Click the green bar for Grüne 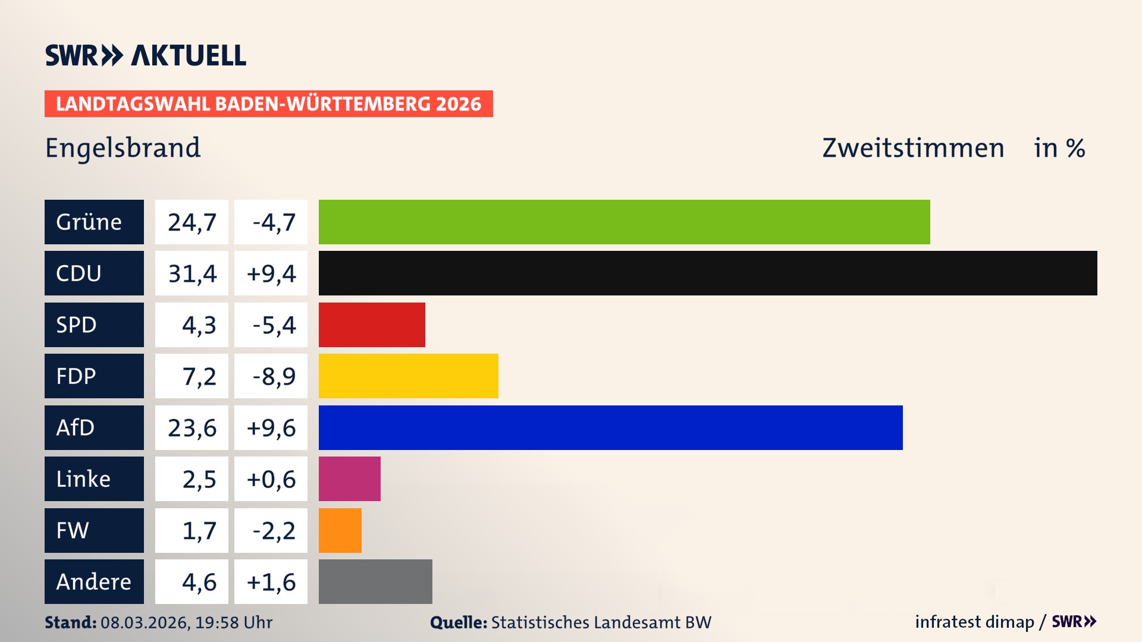624,222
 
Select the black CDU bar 708,273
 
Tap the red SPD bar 372,325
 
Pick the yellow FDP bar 408,376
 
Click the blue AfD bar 610,427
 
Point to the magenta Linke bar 349,479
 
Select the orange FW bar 340,530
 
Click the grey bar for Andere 375,581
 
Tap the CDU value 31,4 192,273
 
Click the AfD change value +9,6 271,428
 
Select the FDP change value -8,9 273,376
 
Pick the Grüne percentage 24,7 192,222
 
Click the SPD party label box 94,325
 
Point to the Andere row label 94,581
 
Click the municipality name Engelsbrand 123,148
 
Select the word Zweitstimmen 913,148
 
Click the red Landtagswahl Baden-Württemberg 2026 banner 268,104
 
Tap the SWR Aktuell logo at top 146,55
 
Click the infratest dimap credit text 974,622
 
